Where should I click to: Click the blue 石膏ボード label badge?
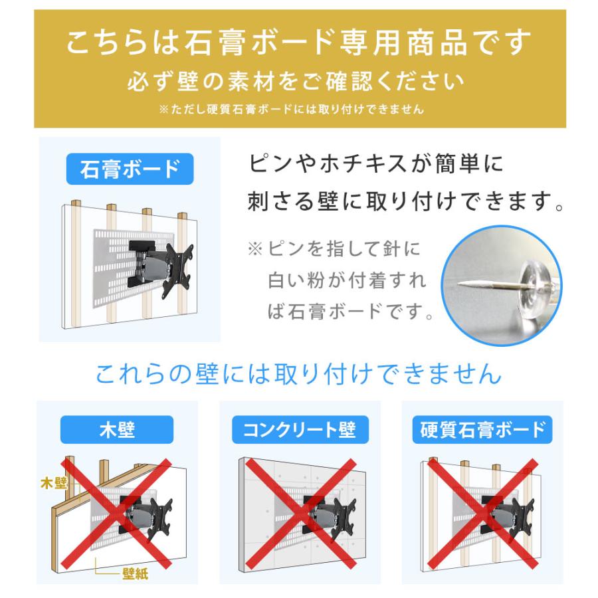(130, 169)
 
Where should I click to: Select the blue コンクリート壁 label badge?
(299, 430)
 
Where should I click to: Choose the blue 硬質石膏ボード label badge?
(482, 430)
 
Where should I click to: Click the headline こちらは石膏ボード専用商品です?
(299, 44)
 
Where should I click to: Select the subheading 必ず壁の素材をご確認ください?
(299, 82)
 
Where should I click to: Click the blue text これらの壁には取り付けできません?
(299, 373)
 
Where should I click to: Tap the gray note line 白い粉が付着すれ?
(346, 280)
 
